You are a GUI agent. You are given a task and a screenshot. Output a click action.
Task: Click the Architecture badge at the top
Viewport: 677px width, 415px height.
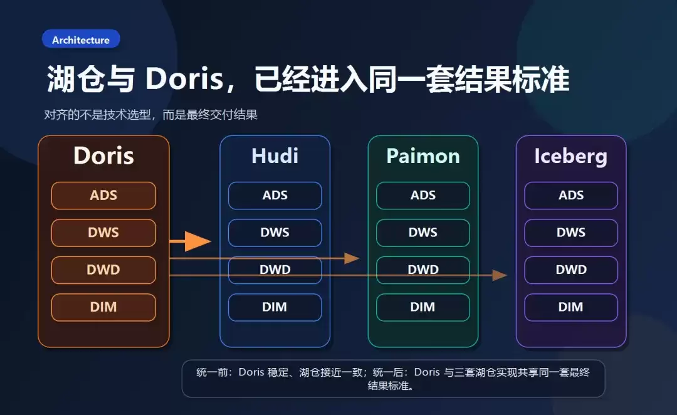pos(81,39)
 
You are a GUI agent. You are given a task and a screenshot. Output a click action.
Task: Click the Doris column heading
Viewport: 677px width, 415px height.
pos(103,155)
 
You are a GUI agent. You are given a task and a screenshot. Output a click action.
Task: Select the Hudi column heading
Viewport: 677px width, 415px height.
pos(275,155)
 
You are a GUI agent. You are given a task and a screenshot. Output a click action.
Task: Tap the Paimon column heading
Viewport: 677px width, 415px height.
pos(423,155)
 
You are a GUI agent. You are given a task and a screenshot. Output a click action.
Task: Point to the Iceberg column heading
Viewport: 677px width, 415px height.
pos(570,155)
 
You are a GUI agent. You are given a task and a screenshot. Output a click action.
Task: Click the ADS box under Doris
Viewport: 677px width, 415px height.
pos(103,195)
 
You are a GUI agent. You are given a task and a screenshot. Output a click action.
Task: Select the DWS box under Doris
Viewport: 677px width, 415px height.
pos(103,233)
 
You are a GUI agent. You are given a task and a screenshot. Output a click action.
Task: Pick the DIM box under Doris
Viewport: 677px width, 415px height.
pos(103,307)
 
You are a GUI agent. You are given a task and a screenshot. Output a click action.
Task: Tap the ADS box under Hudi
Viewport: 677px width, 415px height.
pos(275,195)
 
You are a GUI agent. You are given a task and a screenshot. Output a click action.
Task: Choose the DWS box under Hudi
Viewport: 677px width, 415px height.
pos(275,233)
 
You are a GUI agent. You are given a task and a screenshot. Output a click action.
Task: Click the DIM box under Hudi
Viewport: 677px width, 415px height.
pos(275,307)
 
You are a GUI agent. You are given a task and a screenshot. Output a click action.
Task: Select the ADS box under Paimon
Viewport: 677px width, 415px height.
pos(423,195)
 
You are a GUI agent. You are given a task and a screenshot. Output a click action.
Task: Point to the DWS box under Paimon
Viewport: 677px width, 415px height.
pos(423,233)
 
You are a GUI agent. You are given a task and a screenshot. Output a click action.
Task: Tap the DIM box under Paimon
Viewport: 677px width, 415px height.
pos(423,307)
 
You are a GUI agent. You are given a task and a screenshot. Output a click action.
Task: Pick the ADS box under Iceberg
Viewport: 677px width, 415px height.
pos(571,195)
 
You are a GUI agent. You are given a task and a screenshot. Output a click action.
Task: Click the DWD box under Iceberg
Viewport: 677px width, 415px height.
pos(571,270)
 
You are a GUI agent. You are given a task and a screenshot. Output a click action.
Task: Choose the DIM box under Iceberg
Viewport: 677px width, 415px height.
pos(571,307)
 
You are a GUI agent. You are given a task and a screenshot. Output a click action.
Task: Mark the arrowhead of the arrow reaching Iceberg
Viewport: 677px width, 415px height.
pos(500,275)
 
